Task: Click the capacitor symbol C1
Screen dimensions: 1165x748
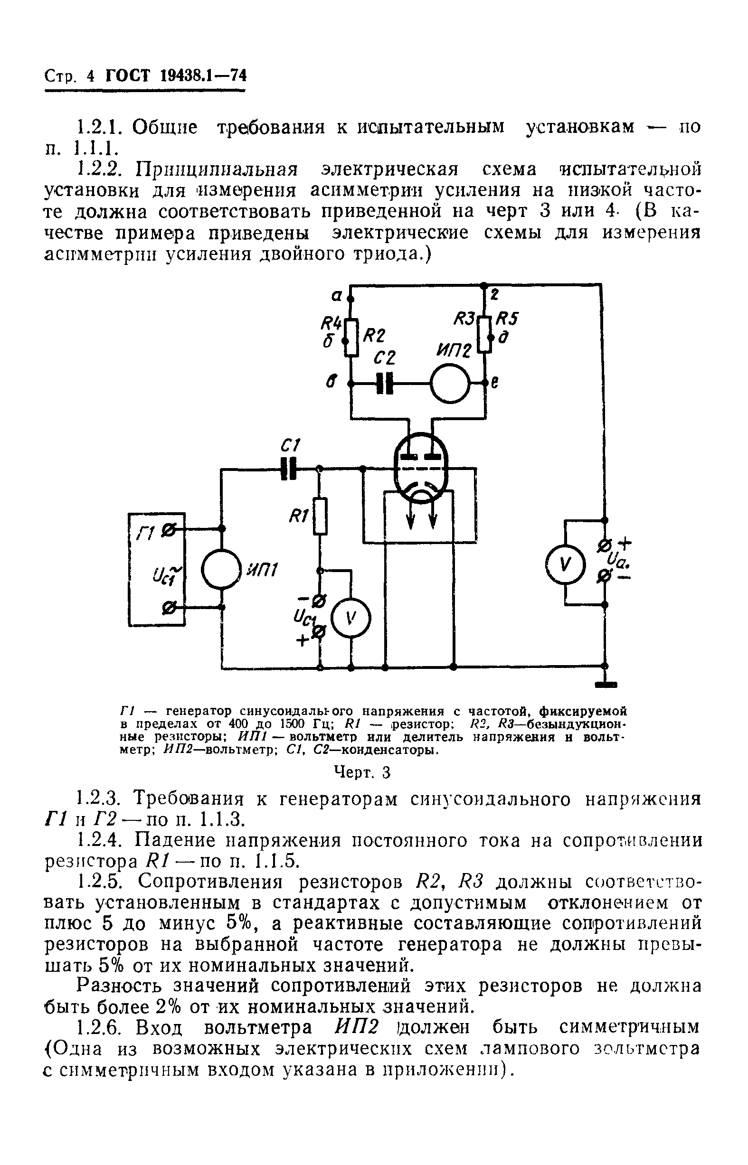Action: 289,469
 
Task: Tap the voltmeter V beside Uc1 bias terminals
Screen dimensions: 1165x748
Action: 350,618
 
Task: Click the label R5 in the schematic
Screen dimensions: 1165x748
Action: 507,319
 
